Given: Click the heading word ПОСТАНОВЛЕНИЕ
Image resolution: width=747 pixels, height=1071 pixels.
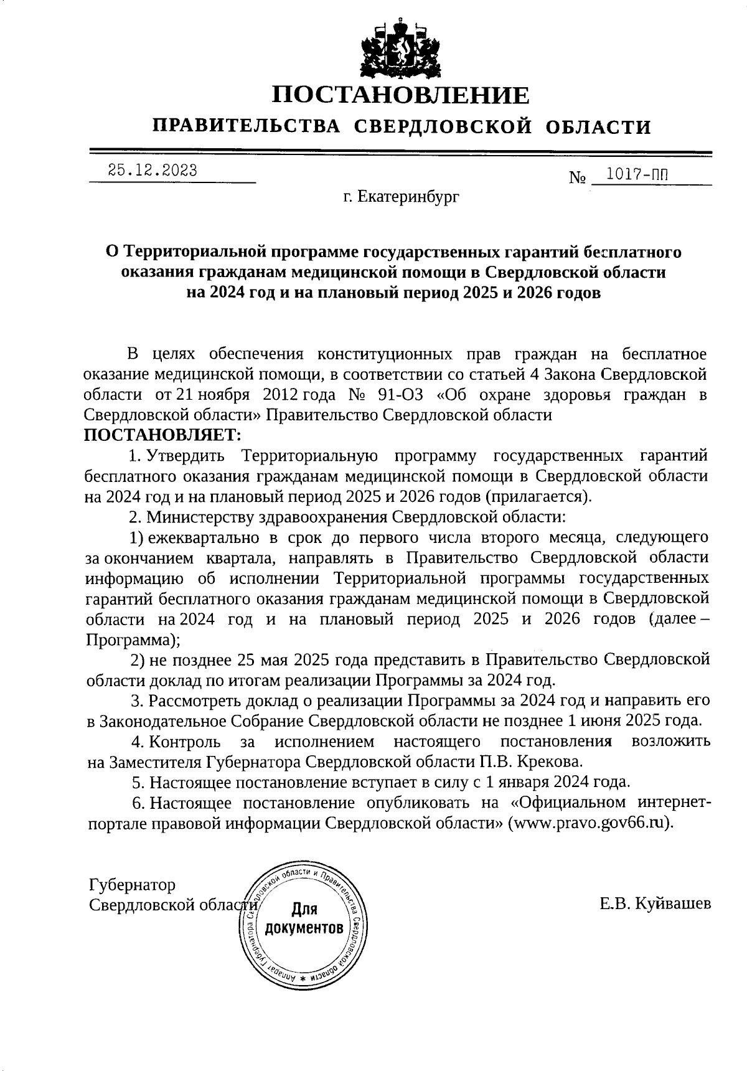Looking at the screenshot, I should pos(402,95).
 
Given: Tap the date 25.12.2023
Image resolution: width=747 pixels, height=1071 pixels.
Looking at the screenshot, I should pos(153,170).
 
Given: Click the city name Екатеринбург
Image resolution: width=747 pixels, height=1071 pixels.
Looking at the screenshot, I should pos(408,197).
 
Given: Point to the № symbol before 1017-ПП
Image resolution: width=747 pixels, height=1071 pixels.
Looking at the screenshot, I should pos(578,178).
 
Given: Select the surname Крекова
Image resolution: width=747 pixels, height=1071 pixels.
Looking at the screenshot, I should pos(550,762).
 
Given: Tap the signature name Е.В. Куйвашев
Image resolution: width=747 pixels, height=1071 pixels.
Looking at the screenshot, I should pos(655,904).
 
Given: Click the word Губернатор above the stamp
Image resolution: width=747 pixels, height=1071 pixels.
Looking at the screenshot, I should pos(132,884).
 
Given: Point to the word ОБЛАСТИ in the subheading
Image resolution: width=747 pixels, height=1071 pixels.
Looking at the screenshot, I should pos(598,127).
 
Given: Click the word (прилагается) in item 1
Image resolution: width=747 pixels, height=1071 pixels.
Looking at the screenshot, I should pos(538,496).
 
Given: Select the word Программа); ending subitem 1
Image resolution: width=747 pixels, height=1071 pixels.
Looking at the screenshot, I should pos(133,639).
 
